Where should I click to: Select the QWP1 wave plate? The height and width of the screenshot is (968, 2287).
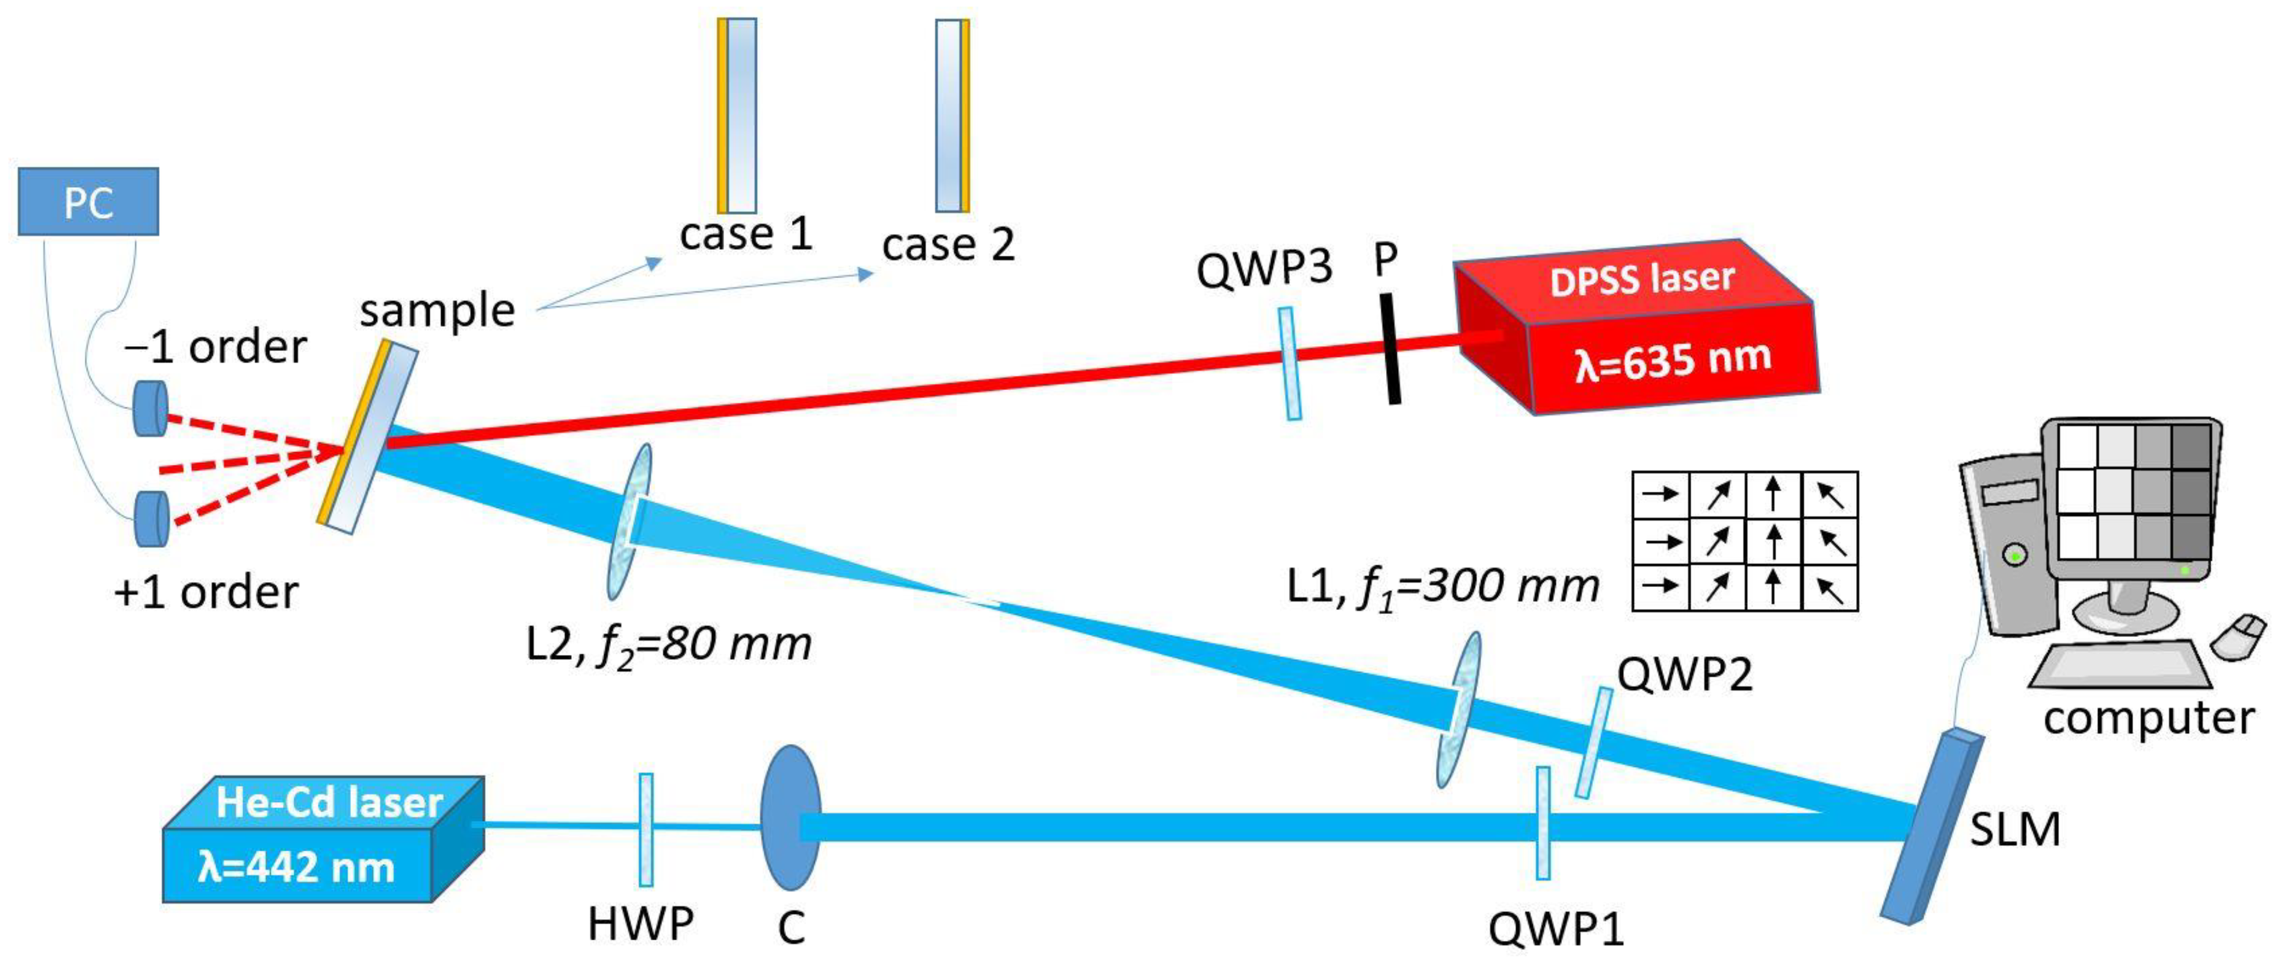(x=1544, y=822)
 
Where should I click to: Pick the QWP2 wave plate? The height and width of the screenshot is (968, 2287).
(x=1594, y=742)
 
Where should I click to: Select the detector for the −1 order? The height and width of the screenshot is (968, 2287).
(x=150, y=409)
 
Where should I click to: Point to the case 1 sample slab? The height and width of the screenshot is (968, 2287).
(x=737, y=116)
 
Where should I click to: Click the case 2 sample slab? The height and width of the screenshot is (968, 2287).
(x=953, y=116)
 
